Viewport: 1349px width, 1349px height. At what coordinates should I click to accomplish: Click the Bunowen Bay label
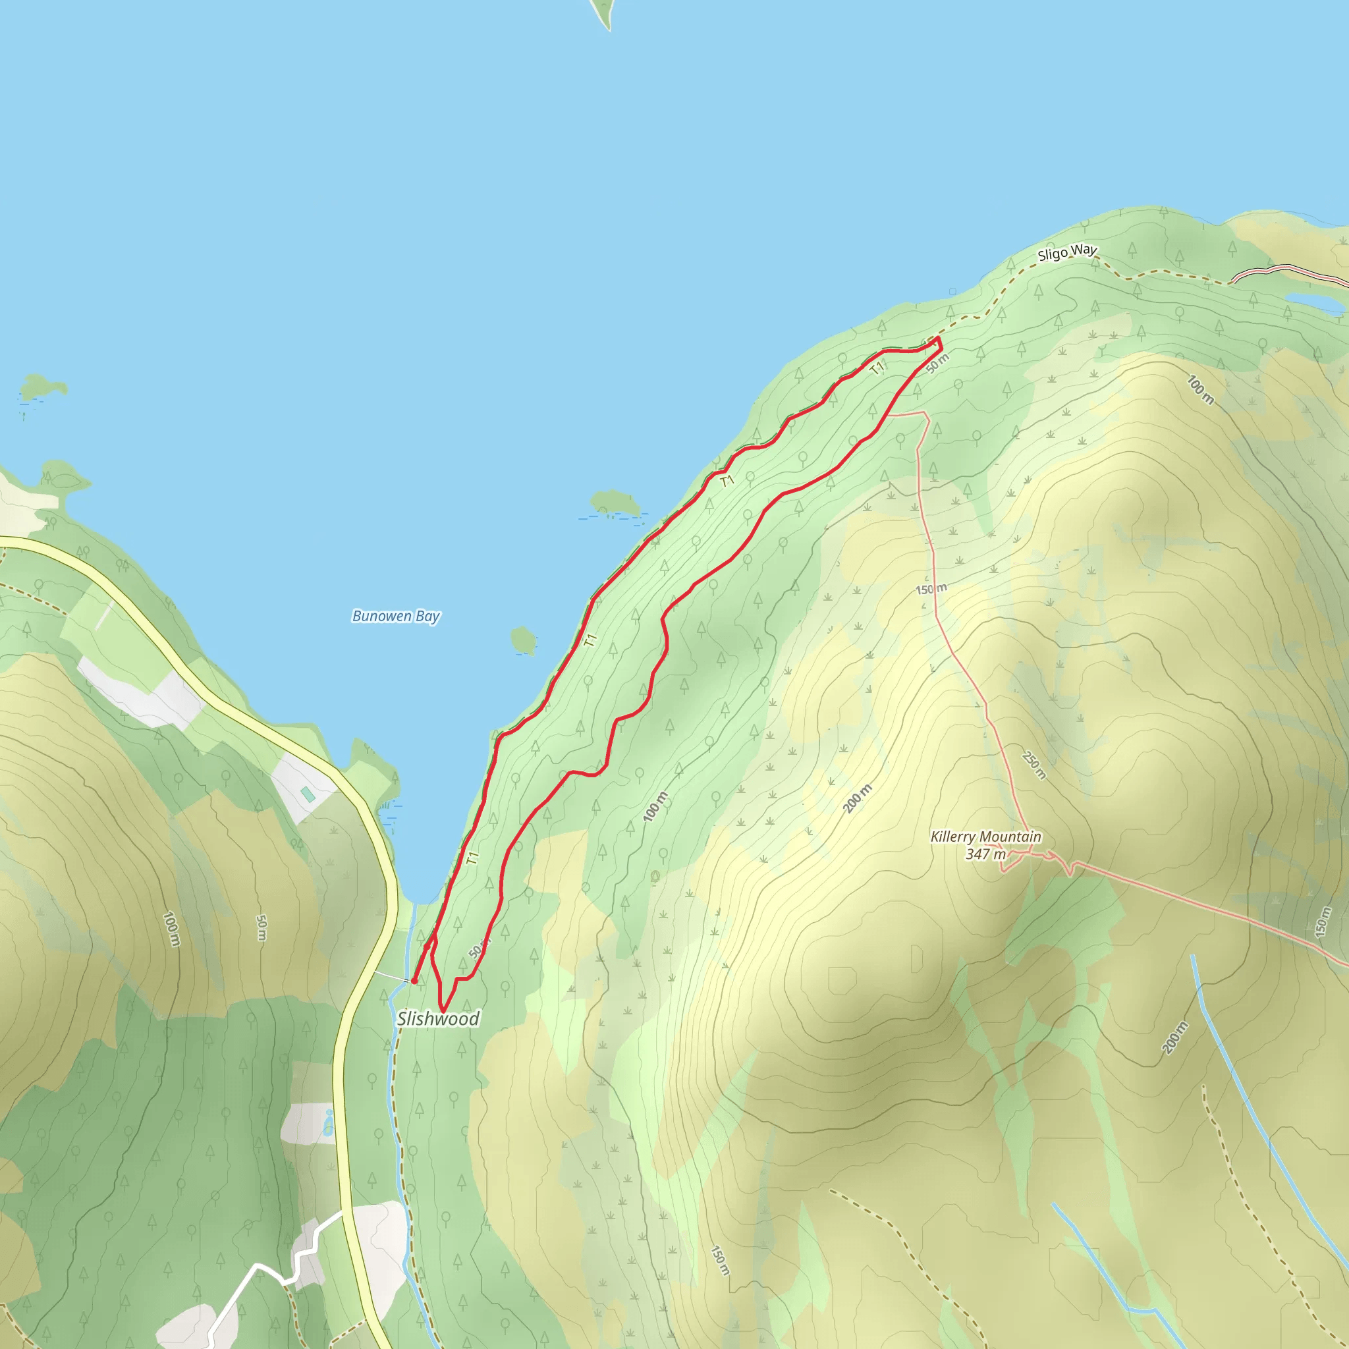396,616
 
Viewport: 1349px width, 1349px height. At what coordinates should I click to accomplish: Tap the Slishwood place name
438,1019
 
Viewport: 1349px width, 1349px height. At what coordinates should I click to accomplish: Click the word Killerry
953,837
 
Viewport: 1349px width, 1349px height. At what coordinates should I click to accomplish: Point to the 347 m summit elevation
985,854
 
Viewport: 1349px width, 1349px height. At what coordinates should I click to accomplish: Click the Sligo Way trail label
1066,252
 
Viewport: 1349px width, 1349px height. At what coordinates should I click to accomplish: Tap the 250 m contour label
1034,765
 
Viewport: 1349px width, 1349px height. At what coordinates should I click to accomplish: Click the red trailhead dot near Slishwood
414,981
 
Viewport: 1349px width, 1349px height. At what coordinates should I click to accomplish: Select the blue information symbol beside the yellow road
328,1124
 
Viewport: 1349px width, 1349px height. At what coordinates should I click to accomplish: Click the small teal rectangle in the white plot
307,794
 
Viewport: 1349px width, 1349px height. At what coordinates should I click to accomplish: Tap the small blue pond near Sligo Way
1314,302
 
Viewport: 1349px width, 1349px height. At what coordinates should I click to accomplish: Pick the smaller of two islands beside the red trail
524,640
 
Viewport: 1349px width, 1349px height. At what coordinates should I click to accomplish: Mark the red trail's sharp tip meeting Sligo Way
939,339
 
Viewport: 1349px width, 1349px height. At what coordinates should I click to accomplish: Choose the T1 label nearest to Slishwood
473,858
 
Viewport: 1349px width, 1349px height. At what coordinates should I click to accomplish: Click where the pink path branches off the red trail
889,415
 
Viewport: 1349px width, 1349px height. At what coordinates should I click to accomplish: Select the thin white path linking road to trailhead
391,976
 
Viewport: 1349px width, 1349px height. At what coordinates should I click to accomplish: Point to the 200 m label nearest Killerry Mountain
858,799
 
